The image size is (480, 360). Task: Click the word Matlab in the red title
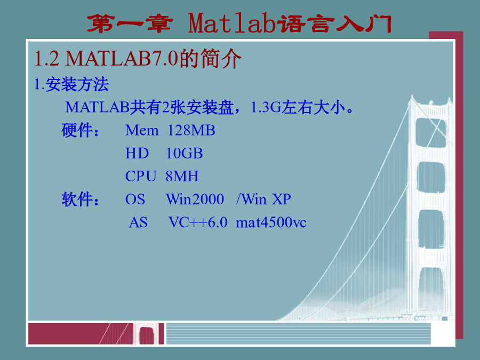232,23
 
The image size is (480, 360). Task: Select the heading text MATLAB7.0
122,58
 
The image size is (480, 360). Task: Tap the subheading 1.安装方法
71,84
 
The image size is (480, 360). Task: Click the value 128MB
191,130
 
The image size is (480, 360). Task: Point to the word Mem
142,131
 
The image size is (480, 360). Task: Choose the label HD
137,153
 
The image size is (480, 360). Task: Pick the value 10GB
185,153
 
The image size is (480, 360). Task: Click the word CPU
141,176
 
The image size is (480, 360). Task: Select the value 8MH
182,176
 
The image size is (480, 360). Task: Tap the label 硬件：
80,130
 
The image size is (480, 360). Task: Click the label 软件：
80,199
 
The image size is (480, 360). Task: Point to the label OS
135,199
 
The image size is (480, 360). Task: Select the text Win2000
195,199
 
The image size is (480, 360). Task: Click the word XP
281,199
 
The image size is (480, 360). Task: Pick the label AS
138,222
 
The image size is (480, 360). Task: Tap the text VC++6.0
198,222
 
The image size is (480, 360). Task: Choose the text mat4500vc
271,222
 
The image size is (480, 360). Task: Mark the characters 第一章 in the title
130,23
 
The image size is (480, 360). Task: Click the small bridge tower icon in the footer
147,335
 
